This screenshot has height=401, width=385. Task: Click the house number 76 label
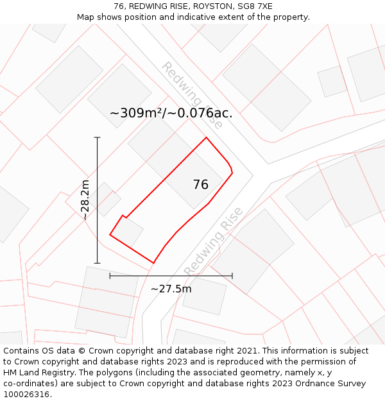[200, 185]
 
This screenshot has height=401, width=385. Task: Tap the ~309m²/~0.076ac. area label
[171, 114]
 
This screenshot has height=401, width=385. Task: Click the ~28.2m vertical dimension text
[85, 200]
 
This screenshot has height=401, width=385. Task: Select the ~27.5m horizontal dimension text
[171, 289]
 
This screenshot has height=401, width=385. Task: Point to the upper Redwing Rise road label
[192, 96]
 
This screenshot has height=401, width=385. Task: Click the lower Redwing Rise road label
[214, 241]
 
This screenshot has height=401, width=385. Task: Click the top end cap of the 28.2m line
[98, 137]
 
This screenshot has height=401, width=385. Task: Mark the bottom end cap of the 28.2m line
[98, 263]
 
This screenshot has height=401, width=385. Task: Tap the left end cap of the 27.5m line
[110, 276]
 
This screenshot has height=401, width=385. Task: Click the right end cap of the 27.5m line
[232, 276]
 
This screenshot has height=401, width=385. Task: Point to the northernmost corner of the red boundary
[206, 137]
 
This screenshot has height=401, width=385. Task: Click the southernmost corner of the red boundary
[153, 263]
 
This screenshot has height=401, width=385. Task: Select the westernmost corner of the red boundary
[110, 235]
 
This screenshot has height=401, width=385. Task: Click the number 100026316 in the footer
[26, 395]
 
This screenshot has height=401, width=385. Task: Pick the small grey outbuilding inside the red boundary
[129, 232]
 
